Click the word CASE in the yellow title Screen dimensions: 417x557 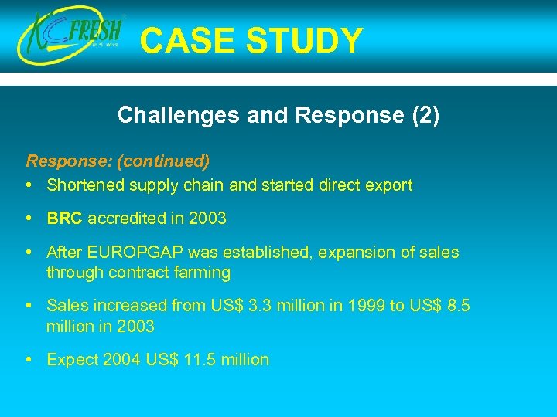coord(184,41)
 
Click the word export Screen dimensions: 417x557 coord(388,185)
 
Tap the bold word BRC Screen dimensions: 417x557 coord(64,219)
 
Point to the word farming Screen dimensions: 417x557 coord(203,273)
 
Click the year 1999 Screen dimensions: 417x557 coord(363,307)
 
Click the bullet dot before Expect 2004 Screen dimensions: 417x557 coord(29,359)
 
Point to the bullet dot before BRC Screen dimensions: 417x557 coord(29,218)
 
